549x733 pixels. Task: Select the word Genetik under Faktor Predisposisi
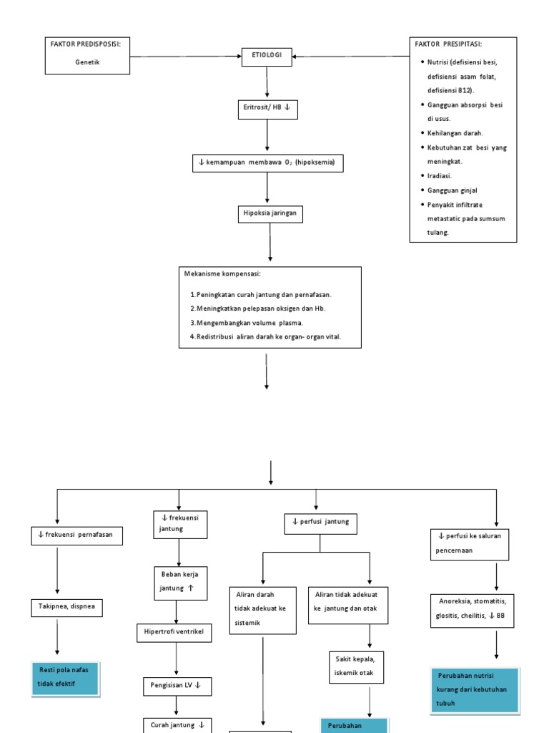point(87,62)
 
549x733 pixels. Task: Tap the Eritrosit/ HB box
point(267,110)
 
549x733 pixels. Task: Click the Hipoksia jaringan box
point(269,214)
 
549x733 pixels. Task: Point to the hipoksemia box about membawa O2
point(267,162)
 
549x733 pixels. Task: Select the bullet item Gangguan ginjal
point(452,190)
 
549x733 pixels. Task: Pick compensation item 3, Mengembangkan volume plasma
point(247,322)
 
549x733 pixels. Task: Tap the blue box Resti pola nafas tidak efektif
point(65,678)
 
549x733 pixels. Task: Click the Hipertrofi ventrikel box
point(175,633)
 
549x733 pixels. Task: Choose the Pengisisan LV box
point(175,686)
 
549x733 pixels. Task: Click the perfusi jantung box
point(320,523)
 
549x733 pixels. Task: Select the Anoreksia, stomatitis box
point(473,608)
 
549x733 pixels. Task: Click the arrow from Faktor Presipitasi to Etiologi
point(350,57)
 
